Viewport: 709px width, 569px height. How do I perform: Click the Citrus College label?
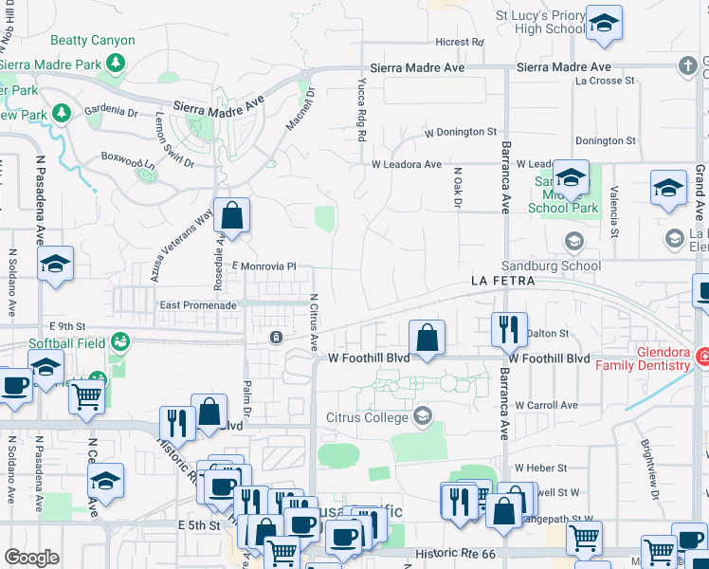(x=365, y=416)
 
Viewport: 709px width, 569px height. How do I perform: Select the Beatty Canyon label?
(x=93, y=41)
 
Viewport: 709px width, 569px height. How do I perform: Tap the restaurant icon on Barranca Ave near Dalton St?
(x=509, y=330)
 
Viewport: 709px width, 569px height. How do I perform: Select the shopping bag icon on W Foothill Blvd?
(x=427, y=337)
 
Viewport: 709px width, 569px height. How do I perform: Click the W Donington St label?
(x=461, y=132)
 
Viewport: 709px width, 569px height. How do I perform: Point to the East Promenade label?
(x=198, y=305)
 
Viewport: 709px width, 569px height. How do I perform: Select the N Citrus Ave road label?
(x=314, y=322)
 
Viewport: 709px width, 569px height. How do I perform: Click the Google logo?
(x=31, y=557)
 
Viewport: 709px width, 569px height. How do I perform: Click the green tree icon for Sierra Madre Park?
(x=116, y=64)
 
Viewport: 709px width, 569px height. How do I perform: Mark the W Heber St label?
(x=540, y=468)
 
